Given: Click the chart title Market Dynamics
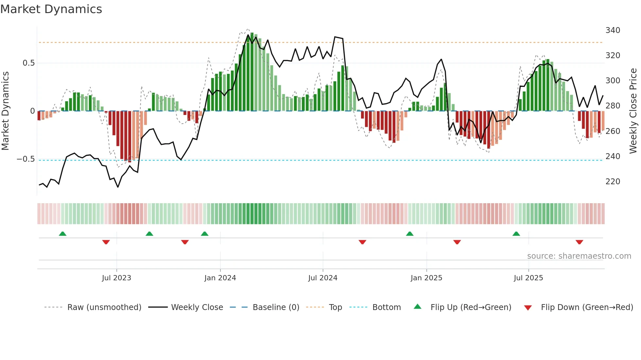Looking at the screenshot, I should (x=51, y=9).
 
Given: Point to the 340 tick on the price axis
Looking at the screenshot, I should (x=613, y=30).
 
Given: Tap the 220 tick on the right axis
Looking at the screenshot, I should (x=613, y=182).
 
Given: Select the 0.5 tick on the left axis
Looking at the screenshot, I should (x=29, y=63).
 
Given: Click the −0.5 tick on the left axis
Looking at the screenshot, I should (x=26, y=159).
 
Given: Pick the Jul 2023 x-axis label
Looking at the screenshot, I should (x=116, y=278).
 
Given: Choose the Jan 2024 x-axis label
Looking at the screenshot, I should (x=220, y=278).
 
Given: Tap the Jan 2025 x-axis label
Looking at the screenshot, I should (x=426, y=278).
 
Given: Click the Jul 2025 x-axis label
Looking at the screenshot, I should (x=528, y=278).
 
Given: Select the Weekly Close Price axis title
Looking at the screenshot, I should (x=633, y=111).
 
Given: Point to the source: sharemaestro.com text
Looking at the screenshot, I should (x=579, y=256).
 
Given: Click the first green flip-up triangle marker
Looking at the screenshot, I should (x=62, y=234).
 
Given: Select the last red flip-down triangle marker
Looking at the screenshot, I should (x=579, y=242).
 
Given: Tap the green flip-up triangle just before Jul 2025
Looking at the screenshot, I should (x=516, y=234).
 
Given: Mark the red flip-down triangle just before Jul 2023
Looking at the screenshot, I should (x=106, y=242).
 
